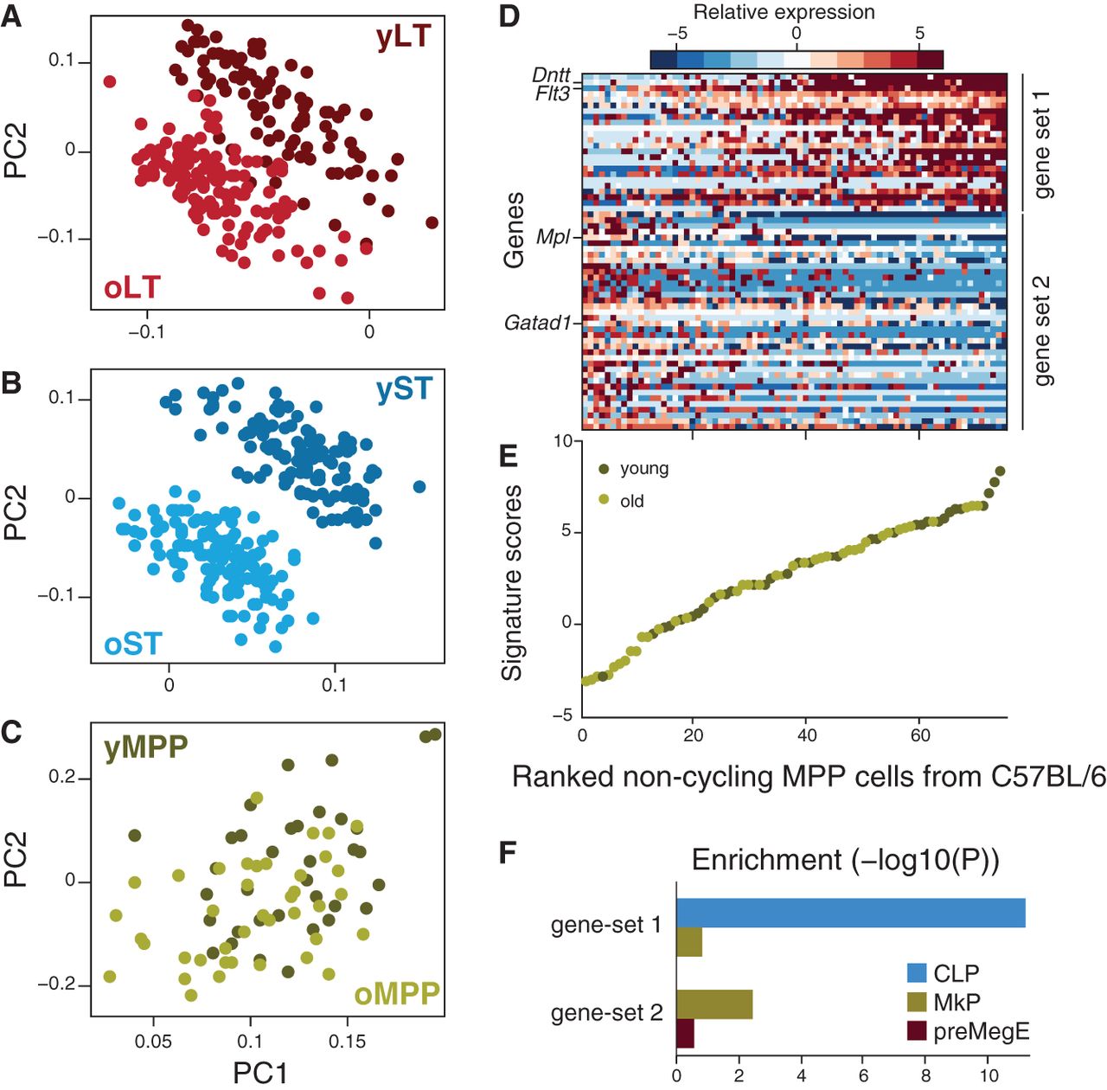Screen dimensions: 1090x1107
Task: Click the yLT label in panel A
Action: click(403, 37)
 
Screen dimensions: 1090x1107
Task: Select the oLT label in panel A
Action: click(132, 287)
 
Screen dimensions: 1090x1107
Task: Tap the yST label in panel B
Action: click(404, 389)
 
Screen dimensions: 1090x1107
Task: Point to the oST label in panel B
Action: click(133, 644)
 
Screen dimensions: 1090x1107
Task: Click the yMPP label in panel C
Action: click(146, 747)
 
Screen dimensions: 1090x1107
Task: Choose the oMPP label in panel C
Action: click(397, 994)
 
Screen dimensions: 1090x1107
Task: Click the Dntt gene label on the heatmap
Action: click(551, 76)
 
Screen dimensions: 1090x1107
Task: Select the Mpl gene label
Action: click(553, 236)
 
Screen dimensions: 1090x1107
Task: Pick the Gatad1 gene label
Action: click(538, 323)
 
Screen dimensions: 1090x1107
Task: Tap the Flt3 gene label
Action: click(553, 93)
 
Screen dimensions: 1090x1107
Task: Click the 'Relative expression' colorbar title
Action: click(784, 12)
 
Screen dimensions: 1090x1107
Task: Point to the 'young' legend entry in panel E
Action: click(643, 469)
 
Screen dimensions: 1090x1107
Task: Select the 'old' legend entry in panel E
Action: click(631, 502)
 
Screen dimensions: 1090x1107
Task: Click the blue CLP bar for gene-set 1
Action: click(850, 914)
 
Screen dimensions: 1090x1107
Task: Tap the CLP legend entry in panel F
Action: click(956, 973)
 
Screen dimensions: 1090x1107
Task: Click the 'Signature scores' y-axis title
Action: click(512, 582)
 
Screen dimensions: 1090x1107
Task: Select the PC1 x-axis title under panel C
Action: click(259, 1073)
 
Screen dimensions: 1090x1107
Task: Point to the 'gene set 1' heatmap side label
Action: click(1043, 143)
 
